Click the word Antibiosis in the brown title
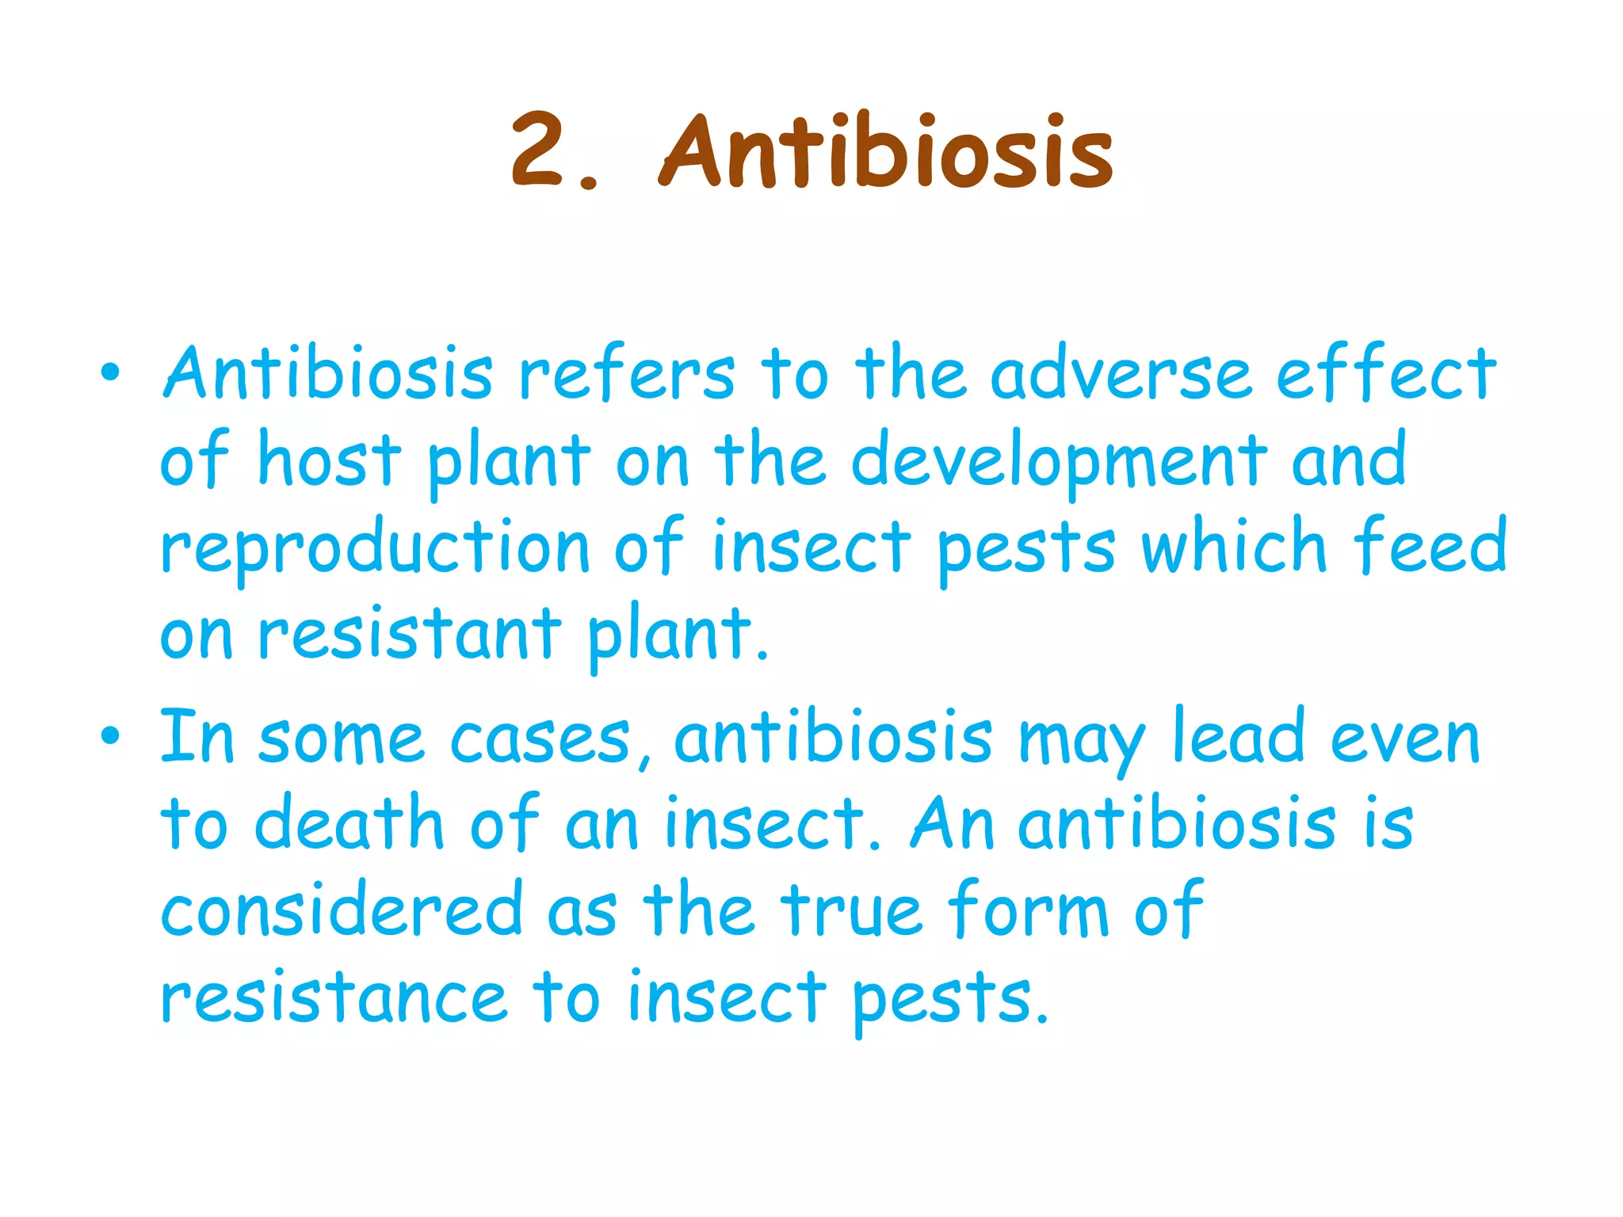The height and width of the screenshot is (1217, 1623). coord(886,151)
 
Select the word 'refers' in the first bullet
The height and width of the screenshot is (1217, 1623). coord(627,374)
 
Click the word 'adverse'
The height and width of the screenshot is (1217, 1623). coord(1121,374)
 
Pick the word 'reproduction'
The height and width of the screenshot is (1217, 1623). coord(375,548)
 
